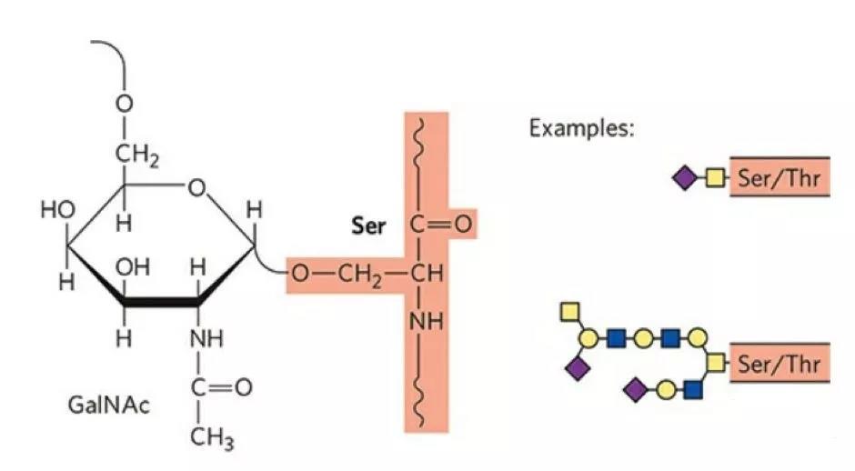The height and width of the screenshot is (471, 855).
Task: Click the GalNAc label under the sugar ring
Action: click(107, 402)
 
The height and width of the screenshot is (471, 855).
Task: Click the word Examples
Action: click(581, 127)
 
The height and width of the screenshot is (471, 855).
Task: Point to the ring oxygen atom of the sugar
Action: click(198, 188)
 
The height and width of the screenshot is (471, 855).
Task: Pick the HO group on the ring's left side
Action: click(56, 211)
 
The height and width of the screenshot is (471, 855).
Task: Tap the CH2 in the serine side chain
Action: click(358, 273)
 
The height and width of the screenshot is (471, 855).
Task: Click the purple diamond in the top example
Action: click(683, 178)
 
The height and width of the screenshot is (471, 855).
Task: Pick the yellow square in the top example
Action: click(714, 178)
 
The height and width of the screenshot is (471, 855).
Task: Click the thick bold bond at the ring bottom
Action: click(160, 303)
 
